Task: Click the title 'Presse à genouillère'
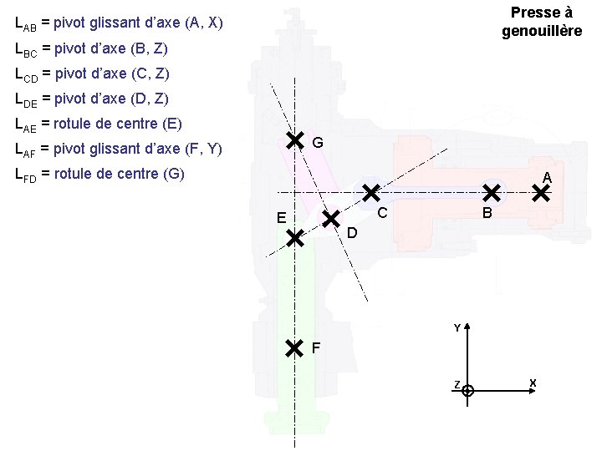pyautogui.click(x=541, y=23)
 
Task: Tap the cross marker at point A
pyautogui.click(x=542, y=194)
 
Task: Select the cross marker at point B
pyautogui.click(x=492, y=194)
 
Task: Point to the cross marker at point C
pyautogui.click(x=370, y=194)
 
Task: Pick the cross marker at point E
pyautogui.click(x=294, y=239)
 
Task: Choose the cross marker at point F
pyautogui.click(x=294, y=347)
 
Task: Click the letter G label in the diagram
pyautogui.click(x=318, y=144)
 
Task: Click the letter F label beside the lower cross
pyautogui.click(x=316, y=347)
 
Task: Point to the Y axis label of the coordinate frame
pyautogui.click(x=457, y=327)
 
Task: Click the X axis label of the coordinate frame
pyautogui.click(x=533, y=383)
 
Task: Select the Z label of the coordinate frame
pyautogui.click(x=457, y=385)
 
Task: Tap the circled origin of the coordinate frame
pyautogui.click(x=468, y=390)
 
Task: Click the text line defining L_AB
pyautogui.click(x=120, y=23)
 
